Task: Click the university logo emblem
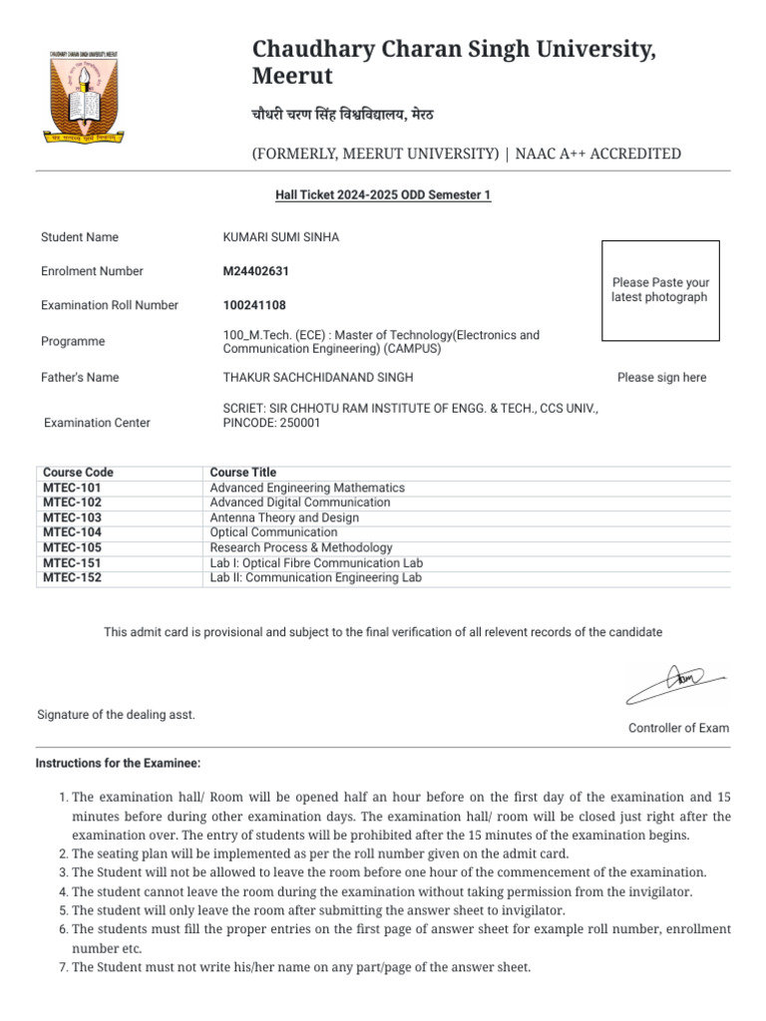click(x=84, y=98)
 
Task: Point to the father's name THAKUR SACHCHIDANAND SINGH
click(x=317, y=377)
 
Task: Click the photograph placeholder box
click(x=660, y=290)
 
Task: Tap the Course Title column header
click(x=243, y=473)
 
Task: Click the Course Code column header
click(x=79, y=473)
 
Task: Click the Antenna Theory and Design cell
click(x=284, y=517)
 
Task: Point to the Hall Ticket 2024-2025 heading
click(x=383, y=195)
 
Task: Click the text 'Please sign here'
click(x=661, y=377)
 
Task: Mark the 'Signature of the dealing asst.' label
click(x=117, y=715)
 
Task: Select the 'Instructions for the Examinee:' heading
click(x=119, y=764)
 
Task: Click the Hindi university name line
click(x=342, y=114)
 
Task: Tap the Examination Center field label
click(x=98, y=423)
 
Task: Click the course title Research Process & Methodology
click(x=301, y=547)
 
